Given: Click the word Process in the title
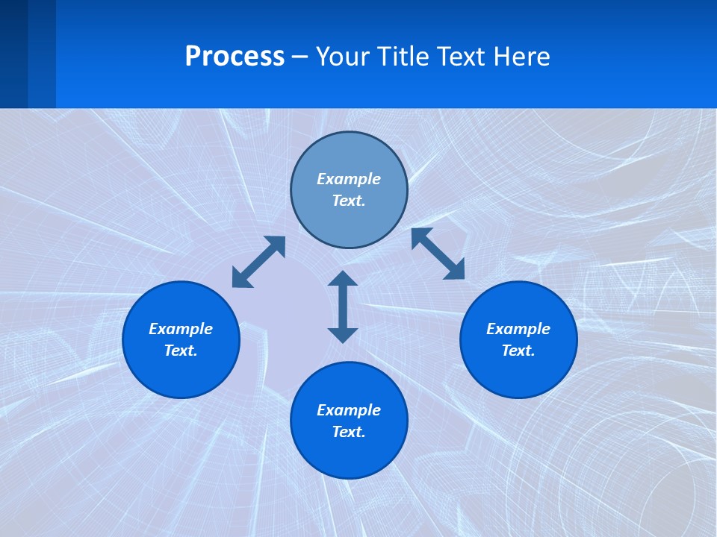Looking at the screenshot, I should [235, 57].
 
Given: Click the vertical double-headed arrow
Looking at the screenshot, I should [343, 307].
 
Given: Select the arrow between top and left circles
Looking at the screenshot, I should [258, 262].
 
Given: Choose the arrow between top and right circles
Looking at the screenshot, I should [438, 254].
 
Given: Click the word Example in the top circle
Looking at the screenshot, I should [349, 179].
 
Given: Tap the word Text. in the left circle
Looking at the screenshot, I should [181, 351].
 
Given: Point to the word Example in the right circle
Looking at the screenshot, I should [518, 329].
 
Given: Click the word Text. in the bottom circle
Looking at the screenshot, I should [349, 432].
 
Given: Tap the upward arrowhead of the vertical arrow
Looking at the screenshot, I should [343, 279].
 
